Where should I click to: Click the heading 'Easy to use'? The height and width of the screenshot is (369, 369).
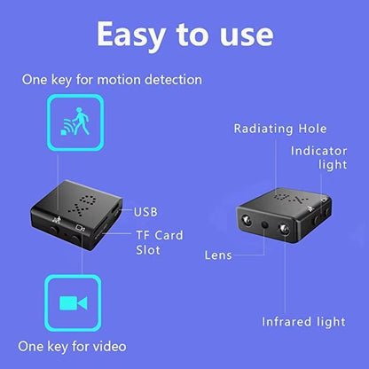pos(184,35)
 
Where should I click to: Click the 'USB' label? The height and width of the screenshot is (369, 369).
pos(145,212)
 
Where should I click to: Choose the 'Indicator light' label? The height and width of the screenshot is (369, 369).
pos(318,158)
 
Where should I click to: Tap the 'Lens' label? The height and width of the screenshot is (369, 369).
pos(217,255)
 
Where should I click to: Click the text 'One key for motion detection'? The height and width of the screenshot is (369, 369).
pos(112,80)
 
